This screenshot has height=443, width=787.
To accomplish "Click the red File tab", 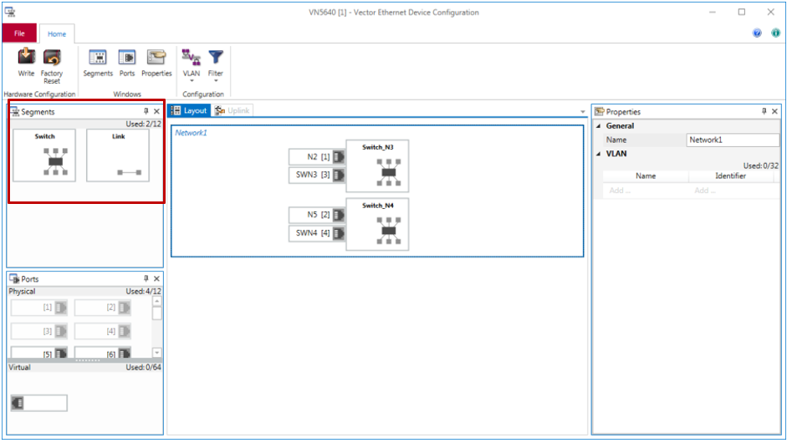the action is [19, 33].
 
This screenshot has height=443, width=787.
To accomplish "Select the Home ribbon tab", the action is [57, 33].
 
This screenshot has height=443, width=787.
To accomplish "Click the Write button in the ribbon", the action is [26, 63].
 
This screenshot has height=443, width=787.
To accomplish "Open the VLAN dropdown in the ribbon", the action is [191, 64].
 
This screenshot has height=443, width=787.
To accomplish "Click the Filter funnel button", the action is [216, 64].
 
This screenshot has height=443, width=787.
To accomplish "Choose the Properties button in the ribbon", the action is [156, 63].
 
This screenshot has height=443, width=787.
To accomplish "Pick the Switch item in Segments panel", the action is [45, 155].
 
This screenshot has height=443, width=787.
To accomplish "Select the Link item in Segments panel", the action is [118, 155].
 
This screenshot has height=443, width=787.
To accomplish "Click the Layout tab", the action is [189, 110].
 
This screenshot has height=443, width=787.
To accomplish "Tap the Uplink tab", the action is [233, 110].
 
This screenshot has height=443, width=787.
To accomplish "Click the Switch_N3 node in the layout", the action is [377, 166].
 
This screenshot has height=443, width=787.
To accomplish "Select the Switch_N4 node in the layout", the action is [377, 224].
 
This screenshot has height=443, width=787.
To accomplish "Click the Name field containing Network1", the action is [732, 140].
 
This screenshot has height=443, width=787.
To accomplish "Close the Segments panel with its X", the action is [156, 111].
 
